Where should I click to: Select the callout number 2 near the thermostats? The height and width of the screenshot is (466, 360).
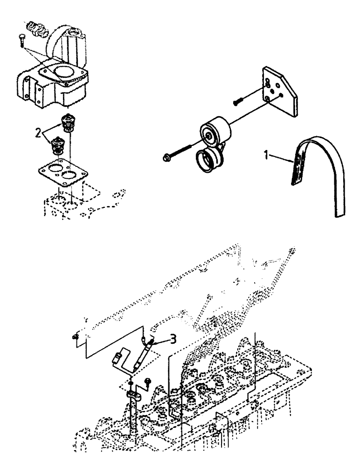click(38, 133)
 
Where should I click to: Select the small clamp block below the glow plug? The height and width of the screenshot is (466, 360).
click(133, 395)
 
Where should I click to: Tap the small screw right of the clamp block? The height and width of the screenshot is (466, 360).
click(148, 382)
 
